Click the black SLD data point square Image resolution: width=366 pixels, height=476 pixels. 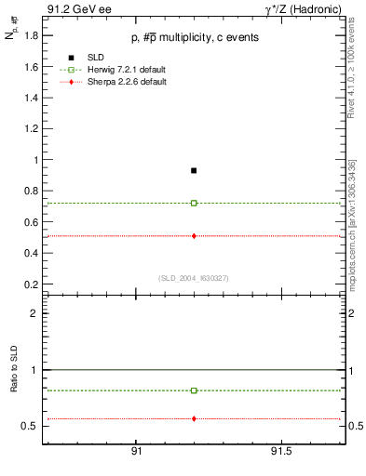pyautogui.click(x=194, y=170)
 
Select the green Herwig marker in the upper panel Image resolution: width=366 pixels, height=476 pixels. pyautogui.click(x=194, y=203)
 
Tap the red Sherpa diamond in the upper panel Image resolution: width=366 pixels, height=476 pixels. pyautogui.click(x=194, y=236)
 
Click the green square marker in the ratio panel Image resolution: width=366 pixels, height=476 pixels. pyautogui.click(x=194, y=390)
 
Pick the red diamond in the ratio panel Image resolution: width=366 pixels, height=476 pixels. pyautogui.click(x=194, y=418)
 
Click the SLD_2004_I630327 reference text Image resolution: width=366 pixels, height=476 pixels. pyautogui.click(x=194, y=278)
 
